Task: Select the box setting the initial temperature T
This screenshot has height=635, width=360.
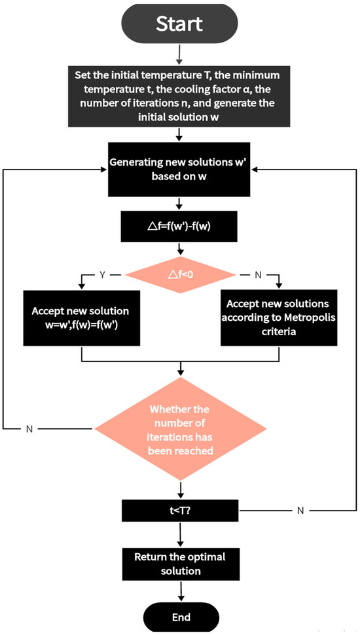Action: point(179,97)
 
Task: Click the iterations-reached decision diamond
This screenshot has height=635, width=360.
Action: point(179,428)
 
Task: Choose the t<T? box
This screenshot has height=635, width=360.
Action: point(179,510)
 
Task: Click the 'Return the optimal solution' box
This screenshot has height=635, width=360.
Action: point(179,563)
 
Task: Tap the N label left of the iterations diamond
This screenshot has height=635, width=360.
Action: point(29,429)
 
